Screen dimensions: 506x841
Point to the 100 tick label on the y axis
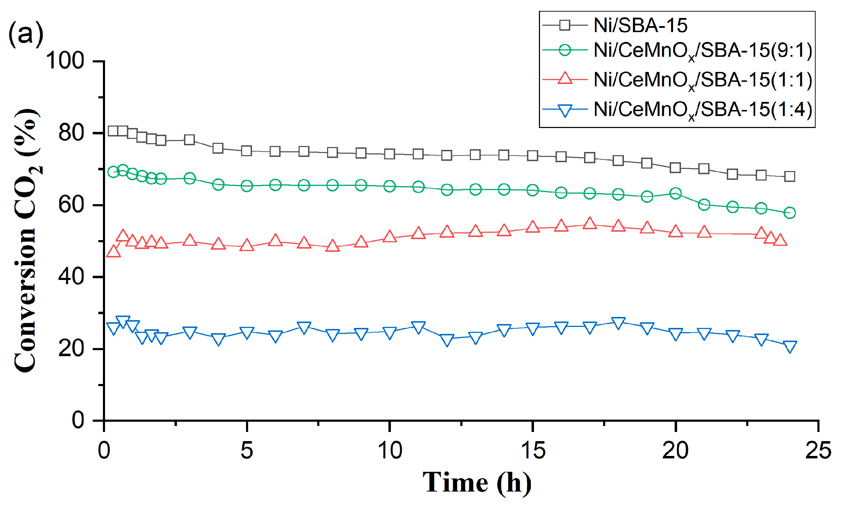[65, 61]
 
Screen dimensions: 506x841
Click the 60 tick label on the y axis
[71, 205]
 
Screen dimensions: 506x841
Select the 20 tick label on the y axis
[71, 348]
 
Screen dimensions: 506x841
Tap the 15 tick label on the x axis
[533, 451]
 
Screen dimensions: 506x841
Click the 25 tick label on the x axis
[818, 451]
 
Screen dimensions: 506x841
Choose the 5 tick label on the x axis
[247, 451]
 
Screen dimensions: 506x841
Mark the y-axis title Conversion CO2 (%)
[26, 240]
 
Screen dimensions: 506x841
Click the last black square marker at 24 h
[790, 176]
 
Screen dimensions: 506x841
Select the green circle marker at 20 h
[675, 193]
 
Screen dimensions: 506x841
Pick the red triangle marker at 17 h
[590, 224]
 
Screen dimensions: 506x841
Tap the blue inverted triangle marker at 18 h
[618, 323]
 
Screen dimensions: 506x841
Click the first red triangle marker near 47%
[113, 252]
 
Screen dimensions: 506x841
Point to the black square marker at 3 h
[190, 140]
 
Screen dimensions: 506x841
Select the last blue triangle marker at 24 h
[790, 346]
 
